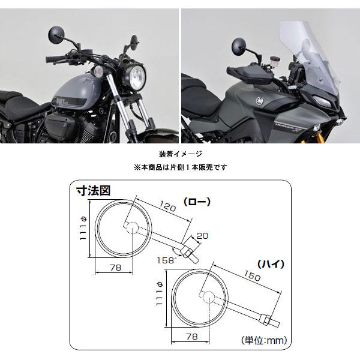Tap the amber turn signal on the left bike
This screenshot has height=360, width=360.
tap(99, 71)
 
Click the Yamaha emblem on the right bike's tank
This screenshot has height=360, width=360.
tap(260, 100)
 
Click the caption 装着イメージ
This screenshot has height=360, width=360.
tap(181, 154)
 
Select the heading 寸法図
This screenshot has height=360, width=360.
tap(94, 191)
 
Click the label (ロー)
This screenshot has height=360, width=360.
tap(197, 202)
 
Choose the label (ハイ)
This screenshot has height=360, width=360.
tap(271, 264)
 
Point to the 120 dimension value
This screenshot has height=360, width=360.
tap(168, 206)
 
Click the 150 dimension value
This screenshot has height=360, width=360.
tap(252, 276)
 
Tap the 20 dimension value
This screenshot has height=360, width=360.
tap(203, 236)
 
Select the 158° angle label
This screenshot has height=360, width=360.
tap(167, 260)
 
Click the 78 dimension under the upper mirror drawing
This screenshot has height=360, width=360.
tap(115, 268)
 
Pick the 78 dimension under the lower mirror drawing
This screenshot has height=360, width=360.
tap(192, 337)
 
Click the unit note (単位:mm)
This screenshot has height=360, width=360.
tap(264, 340)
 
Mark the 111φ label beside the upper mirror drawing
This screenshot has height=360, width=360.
tap(83, 229)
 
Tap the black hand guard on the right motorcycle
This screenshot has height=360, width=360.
tap(249, 74)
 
